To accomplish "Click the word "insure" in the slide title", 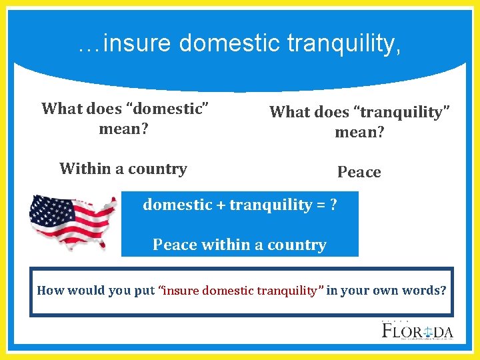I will coord(138,44).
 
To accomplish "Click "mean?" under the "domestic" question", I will coord(123,128).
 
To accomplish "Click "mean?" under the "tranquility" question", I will coord(359,132).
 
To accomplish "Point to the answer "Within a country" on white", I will coord(123,169).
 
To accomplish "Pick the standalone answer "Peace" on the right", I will coord(359,172).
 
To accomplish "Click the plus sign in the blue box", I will coord(220,205).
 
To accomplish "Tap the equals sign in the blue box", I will coord(319,205).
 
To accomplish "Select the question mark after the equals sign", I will coord(333,205).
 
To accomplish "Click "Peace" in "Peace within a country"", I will coord(175,245).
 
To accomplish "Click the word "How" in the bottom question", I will coord(50,290).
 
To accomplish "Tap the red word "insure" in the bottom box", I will coord(181,290).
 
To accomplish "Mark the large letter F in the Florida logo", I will coord(388,331).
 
